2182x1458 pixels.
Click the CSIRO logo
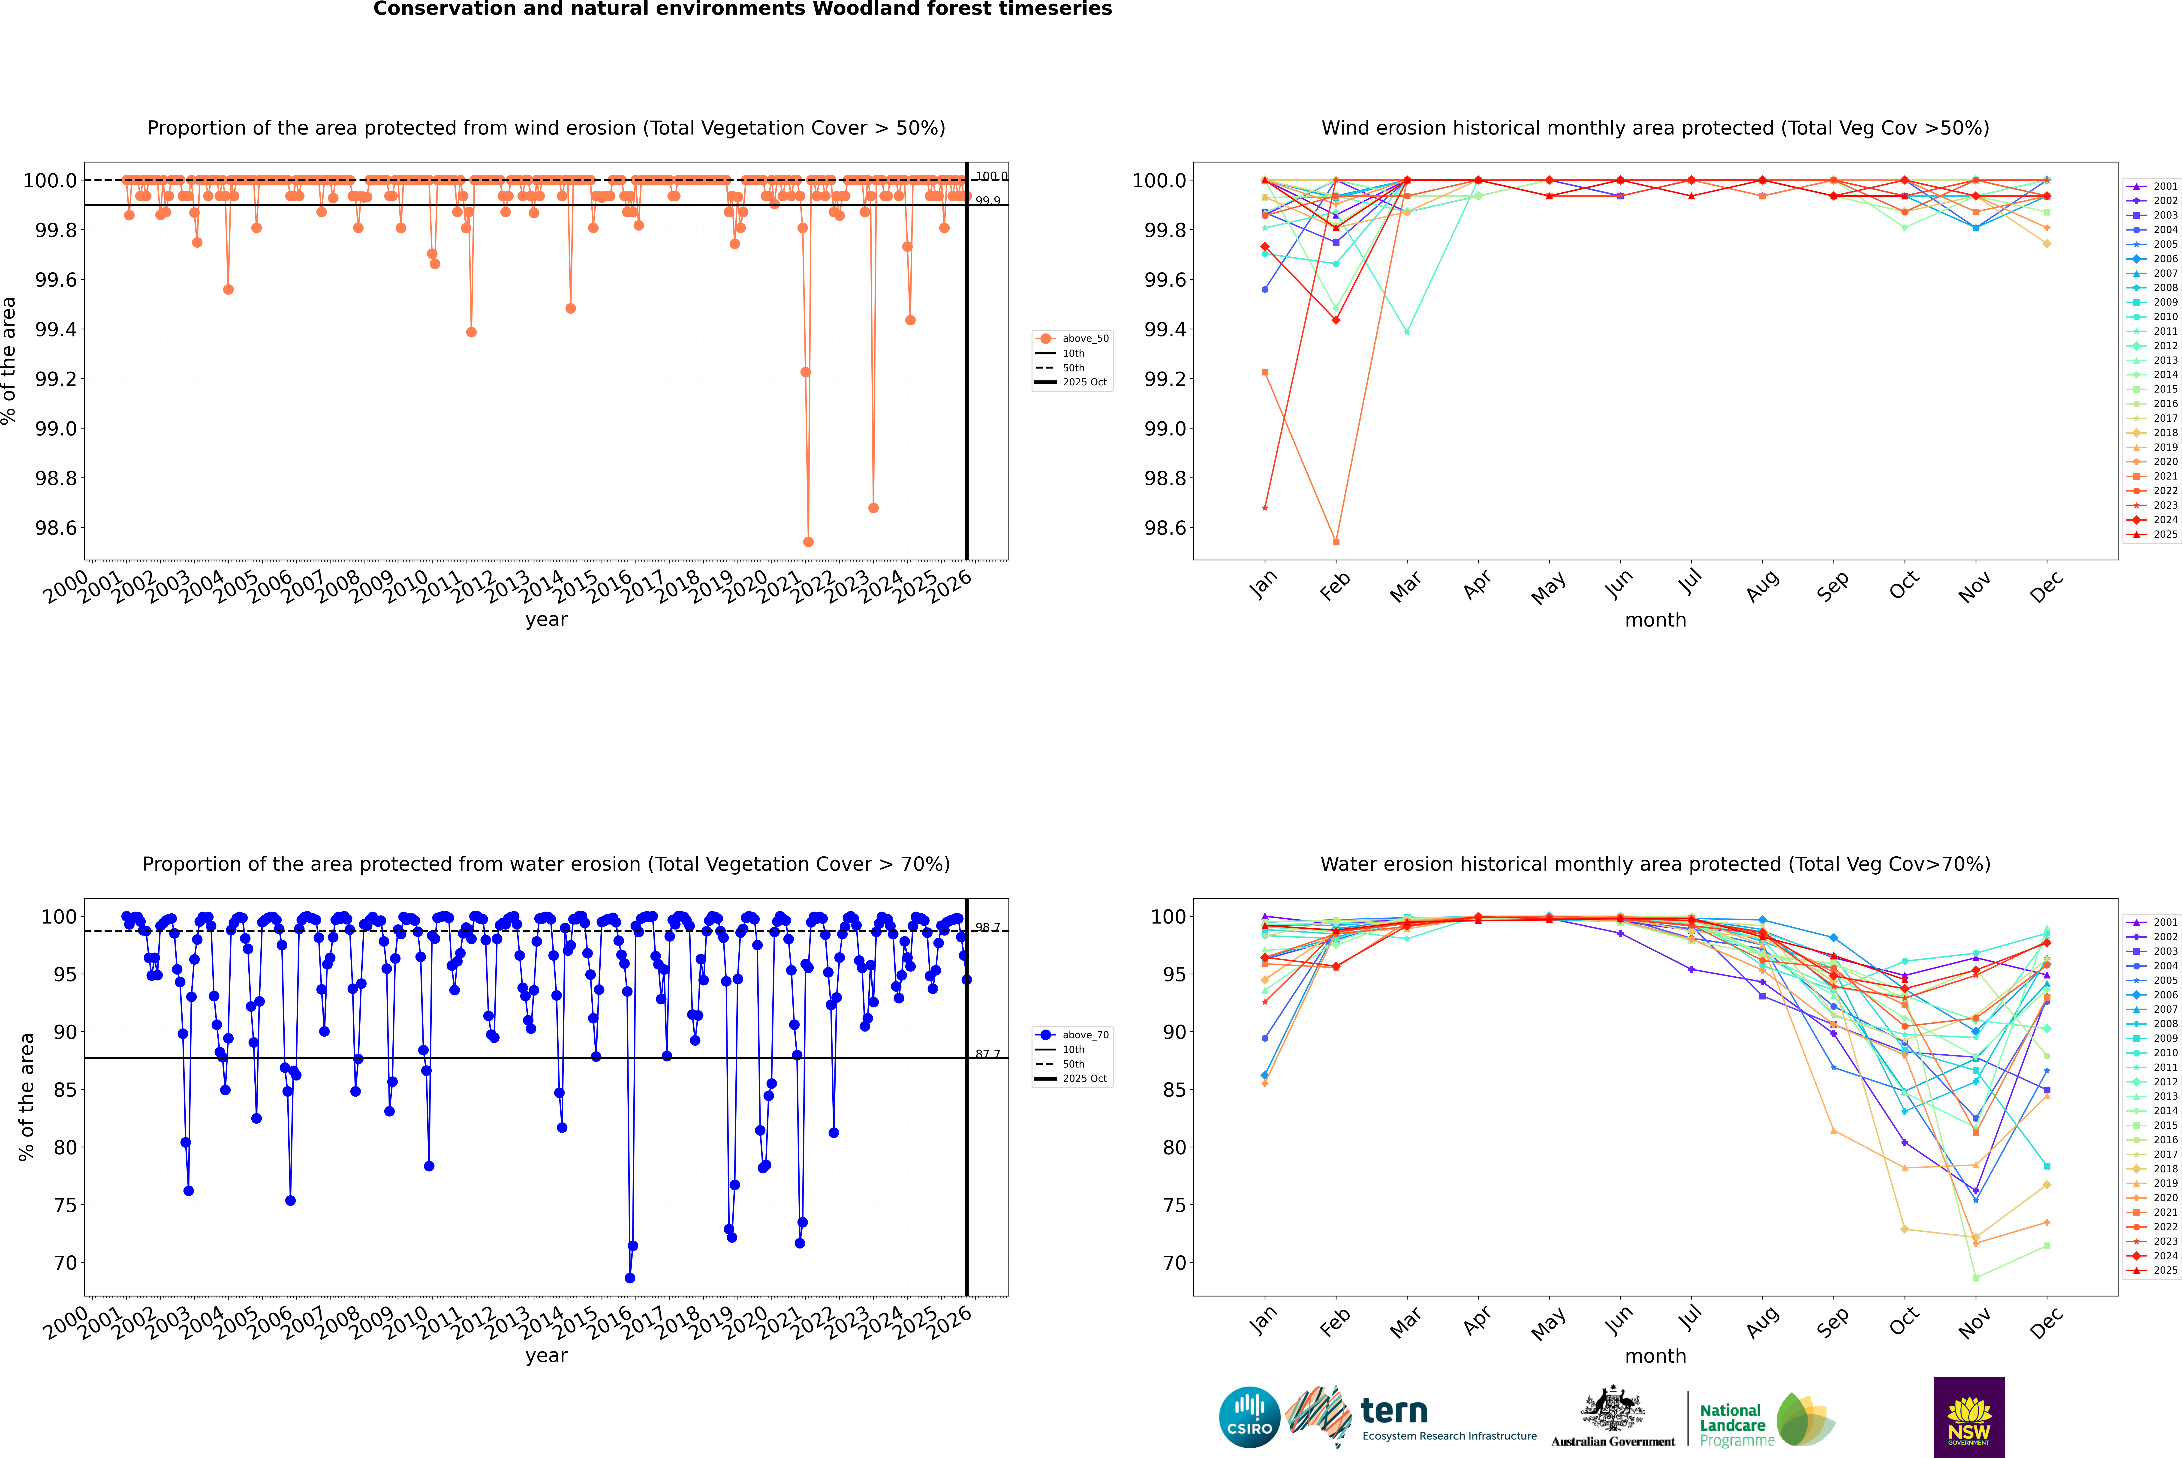(x=1249, y=1417)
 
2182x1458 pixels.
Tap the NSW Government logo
(x=1969, y=1417)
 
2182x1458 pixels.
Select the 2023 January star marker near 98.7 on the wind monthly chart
(x=1265, y=508)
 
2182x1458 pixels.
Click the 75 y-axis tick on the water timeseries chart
(x=65, y=1205)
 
